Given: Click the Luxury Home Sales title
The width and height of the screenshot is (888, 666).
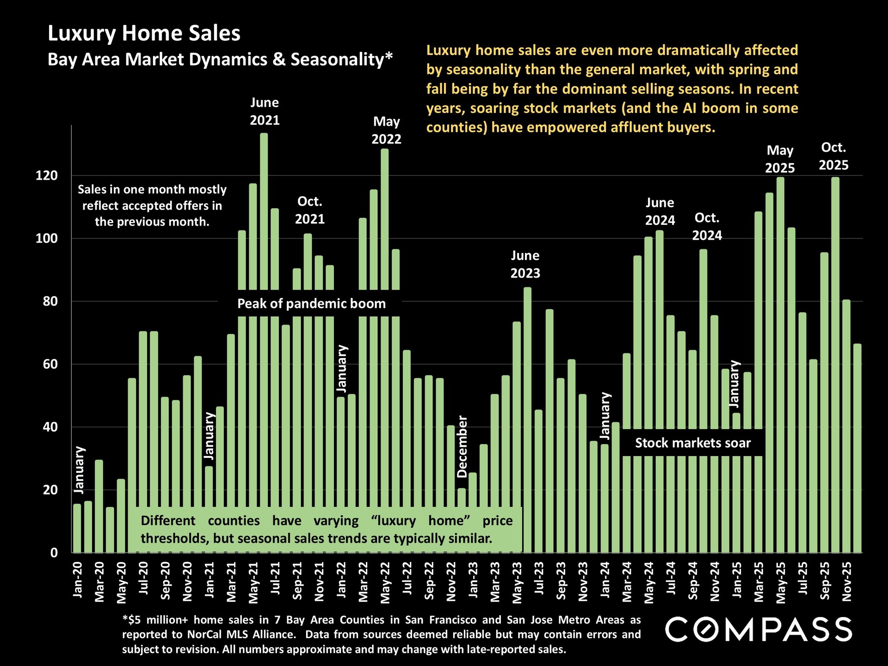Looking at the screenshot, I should [144, 34].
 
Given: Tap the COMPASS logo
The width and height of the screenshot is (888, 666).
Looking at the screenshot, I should [758, 629].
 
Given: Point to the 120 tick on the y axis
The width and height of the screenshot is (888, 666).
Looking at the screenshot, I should [47, 176].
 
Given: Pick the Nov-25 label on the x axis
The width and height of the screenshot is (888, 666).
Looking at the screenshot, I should [846, 581].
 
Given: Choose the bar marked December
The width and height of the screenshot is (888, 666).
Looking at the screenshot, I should [462, 520].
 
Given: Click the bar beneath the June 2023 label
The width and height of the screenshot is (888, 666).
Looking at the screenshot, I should [528, 416].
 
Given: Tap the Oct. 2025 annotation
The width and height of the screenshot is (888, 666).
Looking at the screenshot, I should [833, 156].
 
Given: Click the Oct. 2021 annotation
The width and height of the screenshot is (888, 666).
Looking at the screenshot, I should [309, 210].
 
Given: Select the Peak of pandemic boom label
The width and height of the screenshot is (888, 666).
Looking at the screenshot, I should [311, 304].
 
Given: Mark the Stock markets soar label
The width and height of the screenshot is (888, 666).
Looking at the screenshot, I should [692, 443].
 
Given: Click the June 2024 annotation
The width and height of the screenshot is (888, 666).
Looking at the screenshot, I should [660, 211].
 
